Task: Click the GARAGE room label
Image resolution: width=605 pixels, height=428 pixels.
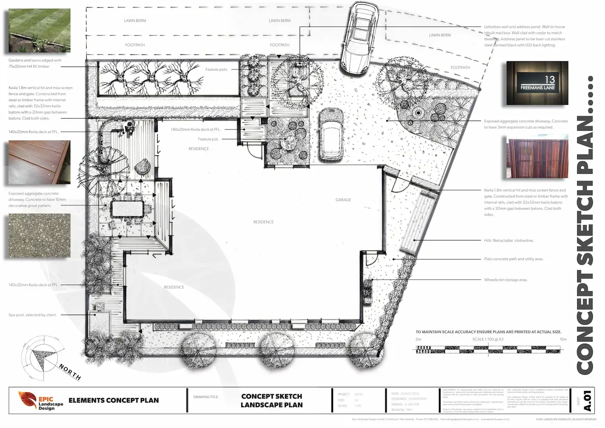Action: pyautogui.click(x=343, y=200)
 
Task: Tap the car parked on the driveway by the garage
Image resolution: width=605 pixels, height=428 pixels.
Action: pyautogui.click(x=331, y=135)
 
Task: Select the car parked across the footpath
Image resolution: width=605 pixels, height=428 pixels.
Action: pyautogui.click(x=359, y=37)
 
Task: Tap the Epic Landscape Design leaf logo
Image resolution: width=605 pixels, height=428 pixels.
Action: pyautogui.click(x=27, y=400)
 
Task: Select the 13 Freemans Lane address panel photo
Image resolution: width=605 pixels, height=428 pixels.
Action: pyautogui.click(x=537, y=83)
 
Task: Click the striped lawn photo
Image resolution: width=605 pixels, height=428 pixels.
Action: pyautogui.click(x=40, y=31)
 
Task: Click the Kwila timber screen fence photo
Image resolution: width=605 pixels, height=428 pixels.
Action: pyautogui.click(x=537, y=158)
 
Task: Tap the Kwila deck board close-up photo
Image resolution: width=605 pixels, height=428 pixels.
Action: pyautogui.click(x=40, y=162)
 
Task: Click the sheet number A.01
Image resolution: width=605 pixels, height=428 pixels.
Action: pyautogui.click(x=588, y=400)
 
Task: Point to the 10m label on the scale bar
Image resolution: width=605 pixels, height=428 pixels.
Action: pyautogui.click(x=563, y=339)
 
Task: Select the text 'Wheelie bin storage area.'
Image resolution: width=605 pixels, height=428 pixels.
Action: pyautogui.click(x=506, y=280)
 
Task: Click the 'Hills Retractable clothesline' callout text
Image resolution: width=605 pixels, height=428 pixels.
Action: pyautogui.click(x=509, y=240)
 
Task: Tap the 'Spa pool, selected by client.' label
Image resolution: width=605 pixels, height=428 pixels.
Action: pyautogui.click(x=33, y=315)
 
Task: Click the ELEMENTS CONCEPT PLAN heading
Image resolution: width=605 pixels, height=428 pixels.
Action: pyautogui.click(x=114, y=401)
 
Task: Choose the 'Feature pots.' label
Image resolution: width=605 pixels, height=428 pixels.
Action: pyautogui.click(x=217, y=69)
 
